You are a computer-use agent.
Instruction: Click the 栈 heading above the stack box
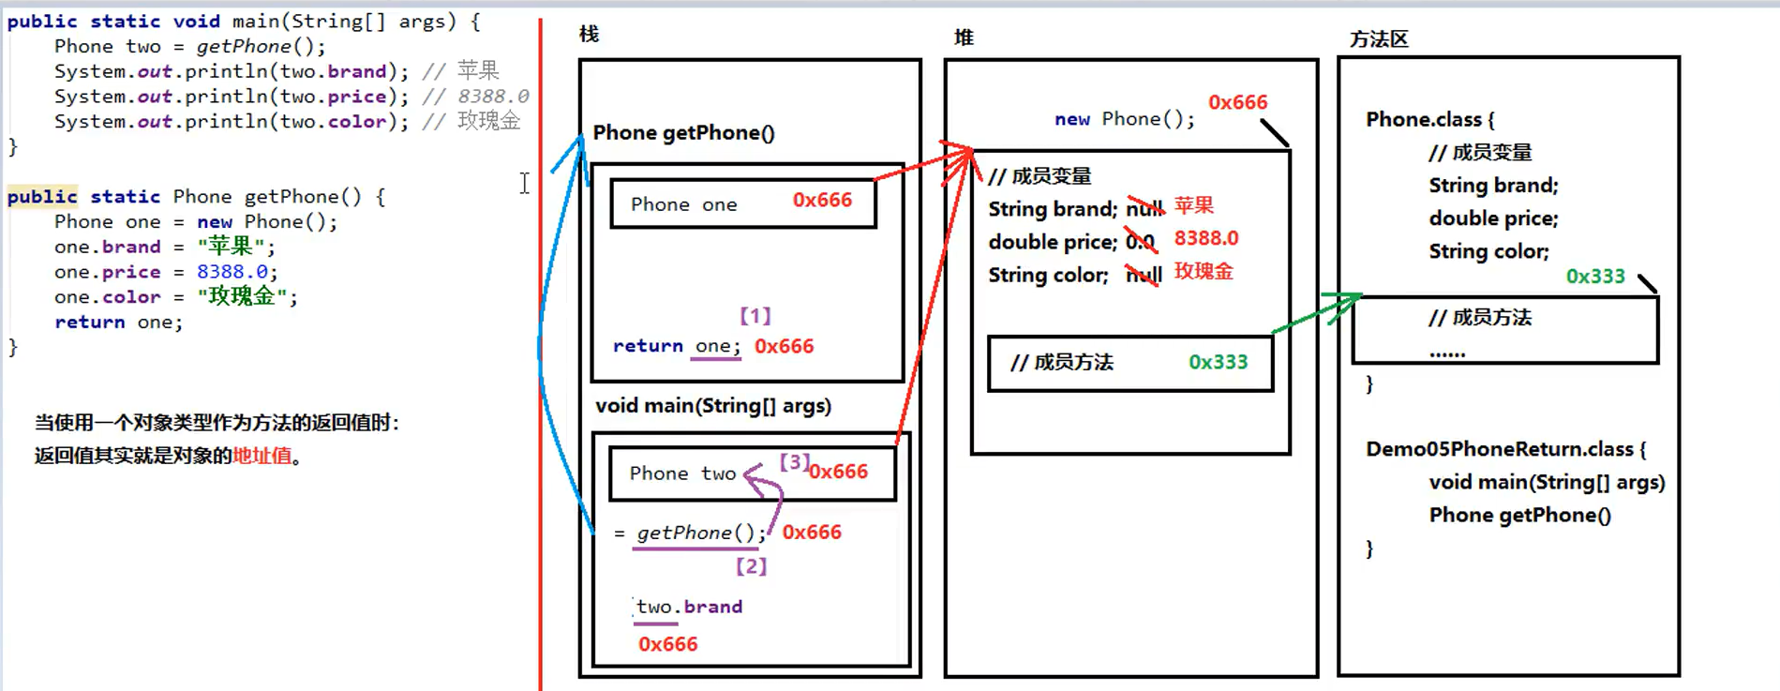point(589,35)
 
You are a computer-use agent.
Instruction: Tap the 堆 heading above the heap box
point(964,38)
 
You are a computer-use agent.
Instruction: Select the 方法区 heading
point(1378,39)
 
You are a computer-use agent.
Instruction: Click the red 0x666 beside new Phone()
point(1237,102)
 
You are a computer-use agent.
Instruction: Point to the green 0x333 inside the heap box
point(1218,362)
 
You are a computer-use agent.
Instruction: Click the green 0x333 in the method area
point(1594,277)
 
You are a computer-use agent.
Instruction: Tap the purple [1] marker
point(755,316)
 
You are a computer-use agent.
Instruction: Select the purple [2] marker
point(751,566)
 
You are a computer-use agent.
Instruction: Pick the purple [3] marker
point(794,462)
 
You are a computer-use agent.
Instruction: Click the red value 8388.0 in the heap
point(1205,238)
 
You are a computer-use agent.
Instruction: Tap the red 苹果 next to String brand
point(1193,205)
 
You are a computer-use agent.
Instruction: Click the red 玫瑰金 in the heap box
point(1204,271)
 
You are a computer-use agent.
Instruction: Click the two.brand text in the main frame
point(689,607)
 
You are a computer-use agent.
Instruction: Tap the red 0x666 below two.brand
point(667,644)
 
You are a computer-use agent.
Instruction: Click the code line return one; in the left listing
point(118,323)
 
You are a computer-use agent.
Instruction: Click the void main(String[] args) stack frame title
point(713,406)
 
